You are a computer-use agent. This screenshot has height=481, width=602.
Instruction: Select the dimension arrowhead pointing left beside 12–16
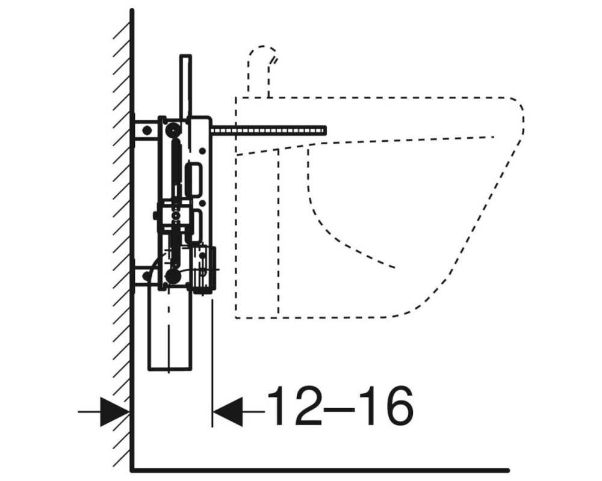coord(228,412)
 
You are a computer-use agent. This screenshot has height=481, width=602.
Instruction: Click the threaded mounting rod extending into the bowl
coord(268,131)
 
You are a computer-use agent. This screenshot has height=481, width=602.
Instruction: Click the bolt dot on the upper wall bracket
coord(147,130)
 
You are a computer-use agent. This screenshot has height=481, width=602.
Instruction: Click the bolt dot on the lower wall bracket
coord(146,276)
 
